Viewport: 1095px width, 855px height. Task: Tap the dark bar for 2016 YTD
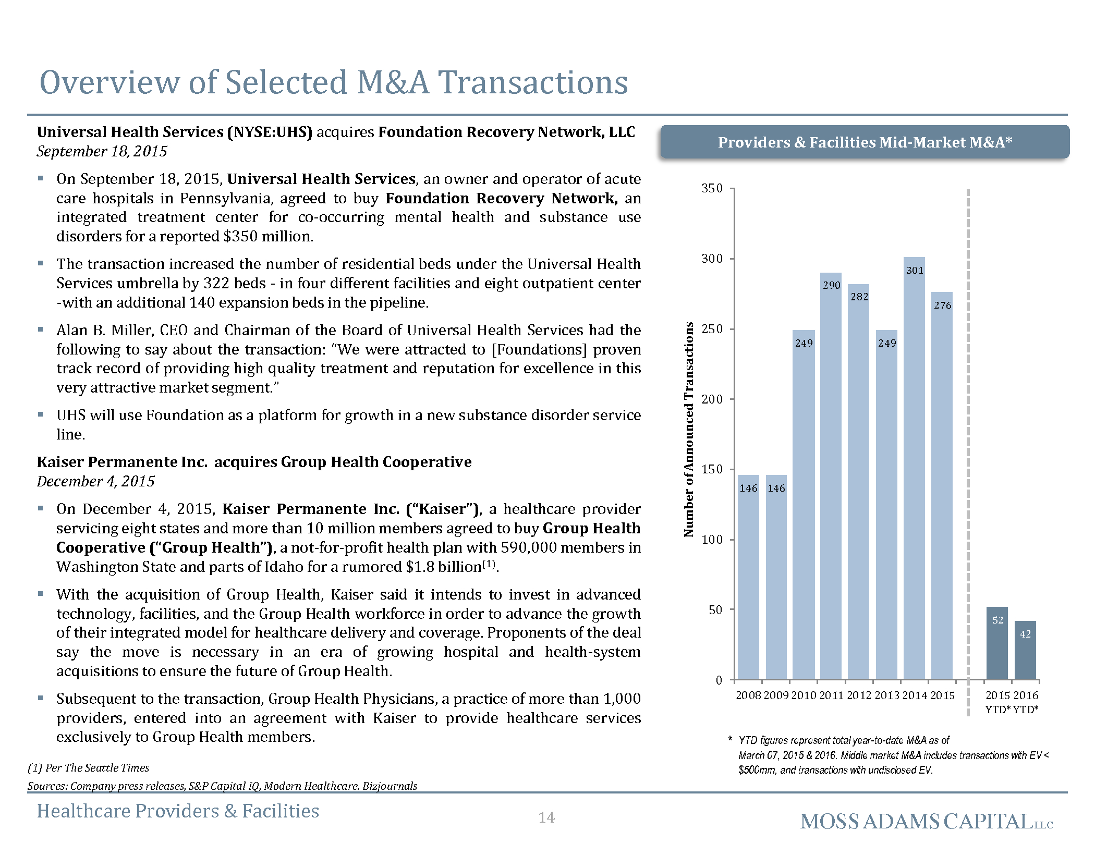pyautogui.click(x=1025, y=650)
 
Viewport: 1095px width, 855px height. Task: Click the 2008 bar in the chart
pyautogui.click(x=748, y=577)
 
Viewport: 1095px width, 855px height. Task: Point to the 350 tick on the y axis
pyautogui.click(x=712, y=188)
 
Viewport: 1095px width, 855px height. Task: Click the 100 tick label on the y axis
pyautogui.click(x=712, y=540)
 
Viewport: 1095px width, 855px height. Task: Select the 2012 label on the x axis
pyautogui.click(x=859, y=695)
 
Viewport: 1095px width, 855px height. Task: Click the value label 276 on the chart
pyautogui.click(x=942, y=306)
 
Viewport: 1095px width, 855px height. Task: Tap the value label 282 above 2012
pyautogui.click(x=859, y=297)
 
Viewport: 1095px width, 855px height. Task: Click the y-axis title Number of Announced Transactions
pyautogui.click(x=689, y=430)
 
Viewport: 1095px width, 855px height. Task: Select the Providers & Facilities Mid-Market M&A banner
pyautogui.click(x=865, y=142)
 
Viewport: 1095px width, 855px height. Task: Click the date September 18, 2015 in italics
pyautogui.click(x=102, y=151)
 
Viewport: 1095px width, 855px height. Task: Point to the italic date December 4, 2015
pyautogui.click(x=95, y=481)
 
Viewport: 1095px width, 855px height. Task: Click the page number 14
pyautogui.click(x=546, y=817)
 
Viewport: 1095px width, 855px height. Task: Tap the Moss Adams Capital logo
pyautogui.click(x=927, y=822)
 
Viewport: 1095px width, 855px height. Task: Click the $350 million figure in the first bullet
pyautogui.click(x=268, y=236)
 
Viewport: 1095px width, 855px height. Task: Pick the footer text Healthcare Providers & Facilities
pyautogui.click(x=178, y=811)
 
